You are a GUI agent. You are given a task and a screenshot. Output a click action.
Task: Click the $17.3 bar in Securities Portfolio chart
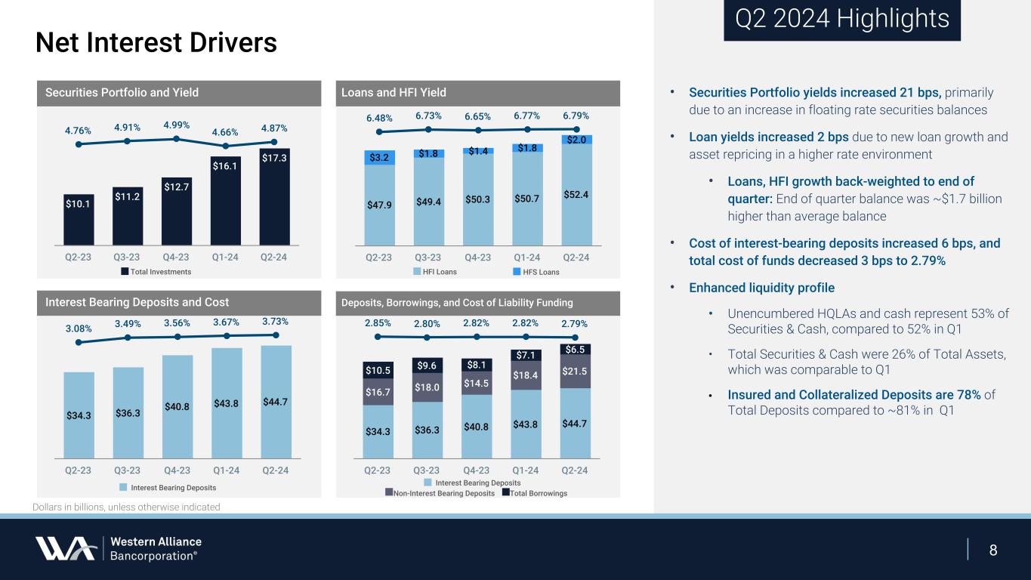click(x=274, y=196)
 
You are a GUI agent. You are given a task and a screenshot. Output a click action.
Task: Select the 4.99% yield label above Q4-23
click(x=175, y=125)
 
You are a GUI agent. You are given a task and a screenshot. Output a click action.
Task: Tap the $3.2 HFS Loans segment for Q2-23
click(x=379, y=158)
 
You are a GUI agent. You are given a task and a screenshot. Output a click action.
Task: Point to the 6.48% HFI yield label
click(x=379, y=117)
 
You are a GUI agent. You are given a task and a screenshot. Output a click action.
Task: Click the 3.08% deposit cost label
click(x=79, y=329)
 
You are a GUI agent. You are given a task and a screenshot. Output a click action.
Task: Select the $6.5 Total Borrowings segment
click(x=576, y=350)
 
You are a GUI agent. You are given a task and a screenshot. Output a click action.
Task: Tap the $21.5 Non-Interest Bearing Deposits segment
click(x=576, y=372)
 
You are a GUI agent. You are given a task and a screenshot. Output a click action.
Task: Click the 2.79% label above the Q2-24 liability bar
click(x=575, y=324)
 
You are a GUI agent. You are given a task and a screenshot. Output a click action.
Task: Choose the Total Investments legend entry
click(x=156, y=271)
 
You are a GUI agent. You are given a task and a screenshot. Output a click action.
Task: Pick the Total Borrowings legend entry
click(x=534, y=493)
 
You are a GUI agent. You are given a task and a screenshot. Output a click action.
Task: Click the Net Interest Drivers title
click(x=156, y=42)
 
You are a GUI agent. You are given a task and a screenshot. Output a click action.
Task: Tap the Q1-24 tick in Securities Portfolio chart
click(x=226, y=256)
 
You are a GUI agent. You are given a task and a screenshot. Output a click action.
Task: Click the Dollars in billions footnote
click(x=126, y=507)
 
